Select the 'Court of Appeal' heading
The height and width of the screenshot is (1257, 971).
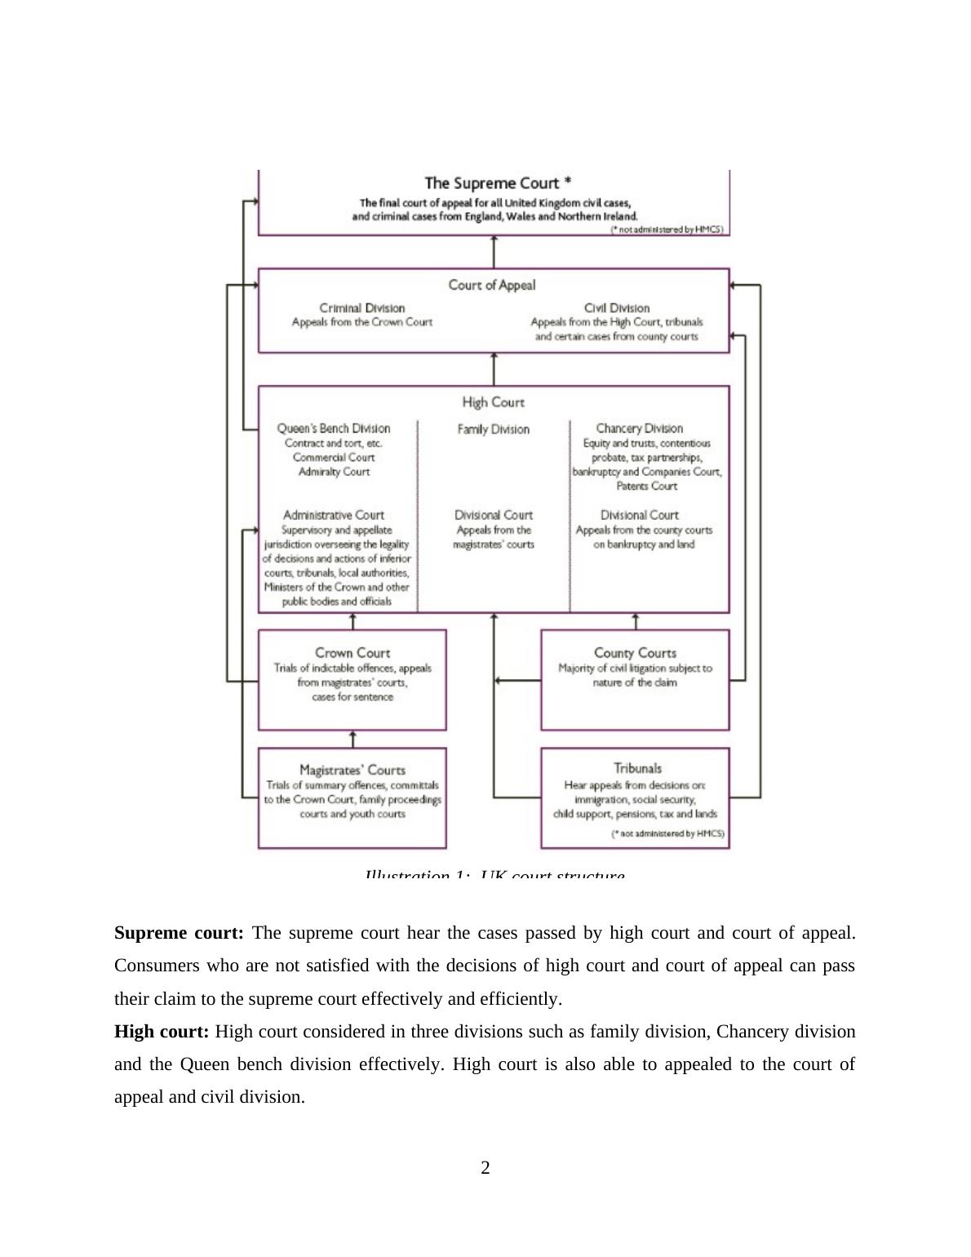492,285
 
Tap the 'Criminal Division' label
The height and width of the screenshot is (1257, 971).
361,308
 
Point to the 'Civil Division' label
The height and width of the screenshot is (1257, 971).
617,308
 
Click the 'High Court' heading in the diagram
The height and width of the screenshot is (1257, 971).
493,402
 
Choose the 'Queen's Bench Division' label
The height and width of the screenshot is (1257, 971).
334,428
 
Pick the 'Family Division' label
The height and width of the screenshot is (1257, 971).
493,429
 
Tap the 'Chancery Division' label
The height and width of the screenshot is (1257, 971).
639,428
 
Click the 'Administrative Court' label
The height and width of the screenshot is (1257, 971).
333,515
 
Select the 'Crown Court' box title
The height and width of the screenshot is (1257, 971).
352,652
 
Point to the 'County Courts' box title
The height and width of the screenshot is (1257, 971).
635,652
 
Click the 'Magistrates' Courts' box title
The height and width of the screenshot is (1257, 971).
352,770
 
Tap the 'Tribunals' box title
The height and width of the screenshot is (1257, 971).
637,768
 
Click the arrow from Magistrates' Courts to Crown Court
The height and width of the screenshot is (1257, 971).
352,739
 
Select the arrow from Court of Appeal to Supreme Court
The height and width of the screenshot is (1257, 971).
494,251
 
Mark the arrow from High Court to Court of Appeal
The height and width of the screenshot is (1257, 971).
494,369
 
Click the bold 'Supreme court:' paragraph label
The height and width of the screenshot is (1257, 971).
179,933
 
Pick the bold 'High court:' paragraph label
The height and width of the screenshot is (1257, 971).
162,1032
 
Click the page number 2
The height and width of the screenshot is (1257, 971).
485,1168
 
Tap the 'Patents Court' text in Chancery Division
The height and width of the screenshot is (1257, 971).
646,486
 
